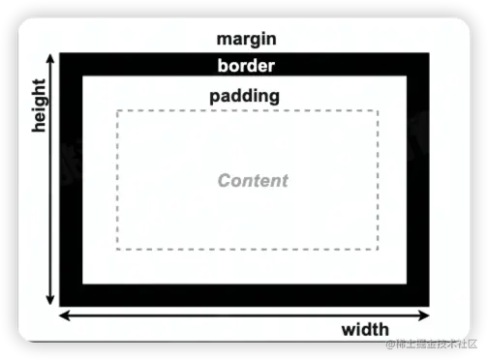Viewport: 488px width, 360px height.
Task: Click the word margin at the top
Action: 247,40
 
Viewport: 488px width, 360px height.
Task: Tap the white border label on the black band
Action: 247,66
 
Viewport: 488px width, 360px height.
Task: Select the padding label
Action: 245,96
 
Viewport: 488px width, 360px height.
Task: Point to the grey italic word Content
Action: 253,180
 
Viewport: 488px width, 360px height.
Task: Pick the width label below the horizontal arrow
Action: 365,329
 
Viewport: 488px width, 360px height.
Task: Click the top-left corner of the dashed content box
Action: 117,111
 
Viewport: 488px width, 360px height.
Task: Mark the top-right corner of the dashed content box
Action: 378,111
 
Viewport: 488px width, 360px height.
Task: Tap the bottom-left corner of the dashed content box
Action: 117,249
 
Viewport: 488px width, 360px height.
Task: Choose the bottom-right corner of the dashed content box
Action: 378,249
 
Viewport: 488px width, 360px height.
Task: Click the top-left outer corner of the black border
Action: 61,53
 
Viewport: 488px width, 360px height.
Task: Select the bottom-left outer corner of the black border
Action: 61,304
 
